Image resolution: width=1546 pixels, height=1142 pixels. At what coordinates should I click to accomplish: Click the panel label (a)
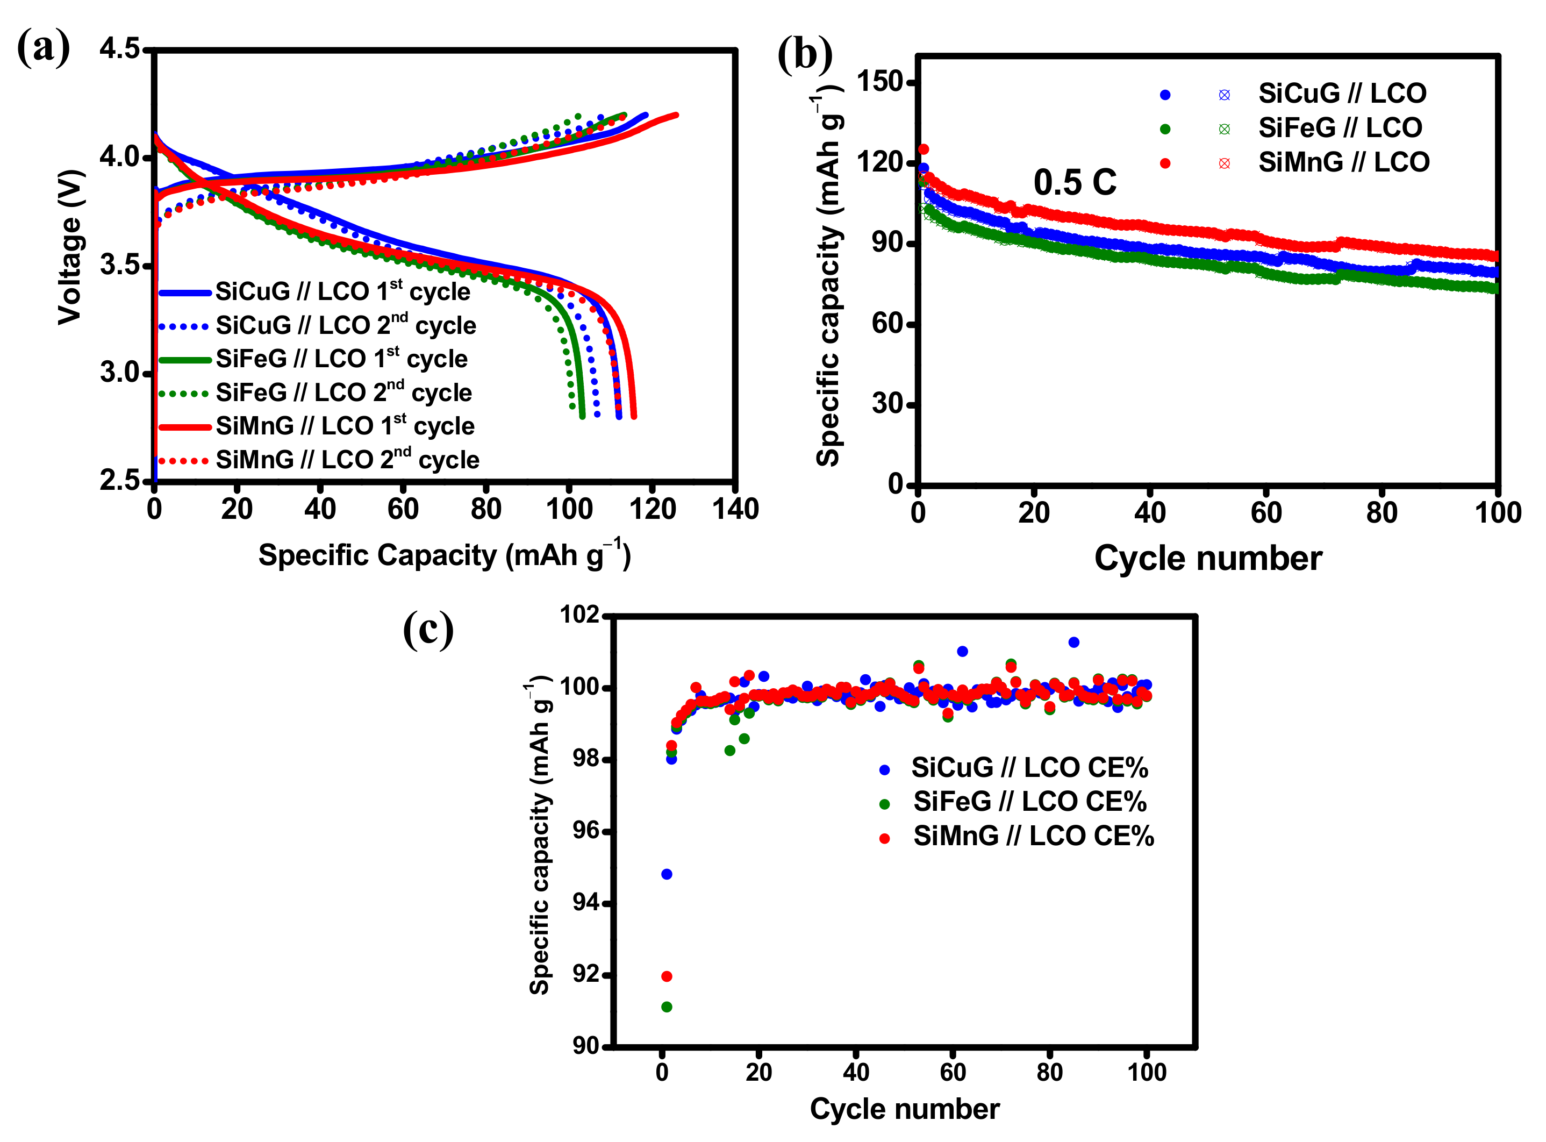tap(43, 48)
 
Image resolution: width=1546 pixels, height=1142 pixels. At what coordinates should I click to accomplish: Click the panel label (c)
tap(428, 629)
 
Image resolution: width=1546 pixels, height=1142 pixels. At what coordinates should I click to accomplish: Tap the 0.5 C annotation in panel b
tap(1075, 182)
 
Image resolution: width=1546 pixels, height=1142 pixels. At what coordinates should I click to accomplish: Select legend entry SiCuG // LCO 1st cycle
tap(342, 292)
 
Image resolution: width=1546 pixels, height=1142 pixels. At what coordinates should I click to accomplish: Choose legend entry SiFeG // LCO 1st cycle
tap(341, 359)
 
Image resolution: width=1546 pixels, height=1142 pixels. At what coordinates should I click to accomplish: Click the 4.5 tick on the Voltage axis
tap(119, 49)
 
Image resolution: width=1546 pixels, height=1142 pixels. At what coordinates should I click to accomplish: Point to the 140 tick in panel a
tap(735, 510)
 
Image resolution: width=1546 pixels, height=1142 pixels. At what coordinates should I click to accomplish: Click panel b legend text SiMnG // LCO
tap(1343, 162)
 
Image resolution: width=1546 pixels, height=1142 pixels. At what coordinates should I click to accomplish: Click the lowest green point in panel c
tap(666, 1007)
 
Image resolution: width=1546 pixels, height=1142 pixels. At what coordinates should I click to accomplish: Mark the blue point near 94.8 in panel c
tap(666, 874)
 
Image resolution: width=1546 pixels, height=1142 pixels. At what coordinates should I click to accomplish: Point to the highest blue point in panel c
tap(1073, 642)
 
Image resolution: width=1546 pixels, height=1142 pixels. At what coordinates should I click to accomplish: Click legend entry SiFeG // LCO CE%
tap(1029, 802)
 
